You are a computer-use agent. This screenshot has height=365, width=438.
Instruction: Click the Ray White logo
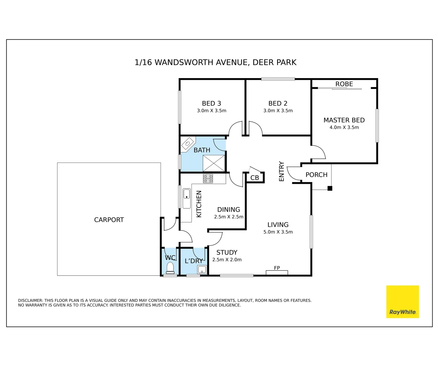point(403,302)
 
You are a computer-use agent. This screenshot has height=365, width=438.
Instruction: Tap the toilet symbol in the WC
point(170,268)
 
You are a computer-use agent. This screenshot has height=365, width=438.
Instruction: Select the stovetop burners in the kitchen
point(208,178)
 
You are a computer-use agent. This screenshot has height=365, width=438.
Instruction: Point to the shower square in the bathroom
point(214,163)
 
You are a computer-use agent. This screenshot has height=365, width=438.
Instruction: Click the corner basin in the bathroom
point(188,143)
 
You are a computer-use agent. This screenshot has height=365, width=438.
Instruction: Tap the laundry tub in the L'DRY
point(202,270)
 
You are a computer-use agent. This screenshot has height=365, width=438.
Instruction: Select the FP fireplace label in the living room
point(277,268)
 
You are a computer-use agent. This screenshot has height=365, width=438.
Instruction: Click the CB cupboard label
point(254,178)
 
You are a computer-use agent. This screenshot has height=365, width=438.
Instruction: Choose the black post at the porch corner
point(330,188)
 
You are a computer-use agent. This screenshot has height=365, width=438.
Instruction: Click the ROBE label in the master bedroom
point(344,84)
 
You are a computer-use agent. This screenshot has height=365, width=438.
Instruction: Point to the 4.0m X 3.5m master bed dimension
point(344,127)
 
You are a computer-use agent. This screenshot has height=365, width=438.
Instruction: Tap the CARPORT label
point(109,220)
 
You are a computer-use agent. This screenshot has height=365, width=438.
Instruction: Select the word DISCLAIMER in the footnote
point(30,300)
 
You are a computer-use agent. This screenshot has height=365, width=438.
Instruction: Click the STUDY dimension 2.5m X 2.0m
point(227,260)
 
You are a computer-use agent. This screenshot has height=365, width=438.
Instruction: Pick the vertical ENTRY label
point(282,171)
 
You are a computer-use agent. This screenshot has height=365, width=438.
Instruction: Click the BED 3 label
point(211,103)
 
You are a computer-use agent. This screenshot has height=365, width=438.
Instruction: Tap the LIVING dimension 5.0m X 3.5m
point(278,232)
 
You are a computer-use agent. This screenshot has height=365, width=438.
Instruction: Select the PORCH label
point(316,175)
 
